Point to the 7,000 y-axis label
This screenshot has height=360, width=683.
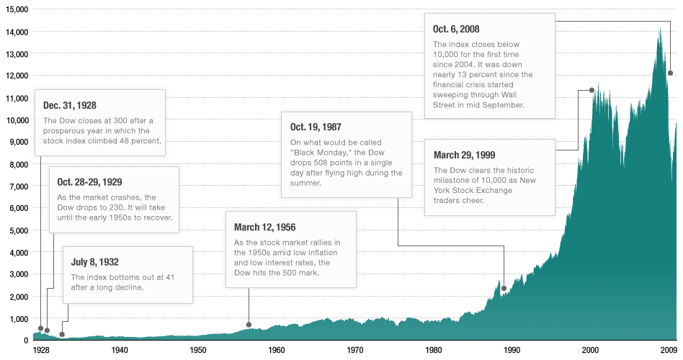pos(17,186)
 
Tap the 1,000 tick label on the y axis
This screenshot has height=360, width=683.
pos(17,319)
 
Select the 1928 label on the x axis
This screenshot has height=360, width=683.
pos(42,350)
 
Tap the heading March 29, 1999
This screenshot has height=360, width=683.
pos(464,155)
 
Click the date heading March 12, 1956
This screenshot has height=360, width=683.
pos(264,227)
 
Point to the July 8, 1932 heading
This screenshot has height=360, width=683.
pos(94,261)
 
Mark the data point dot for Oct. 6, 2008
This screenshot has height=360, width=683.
pos(670,73)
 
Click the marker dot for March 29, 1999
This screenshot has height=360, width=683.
pos(592,90)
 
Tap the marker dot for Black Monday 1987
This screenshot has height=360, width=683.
pos(504,289)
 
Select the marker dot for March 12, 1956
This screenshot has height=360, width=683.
pos(249,325)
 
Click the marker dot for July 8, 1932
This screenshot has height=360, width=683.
pos(62,334)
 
